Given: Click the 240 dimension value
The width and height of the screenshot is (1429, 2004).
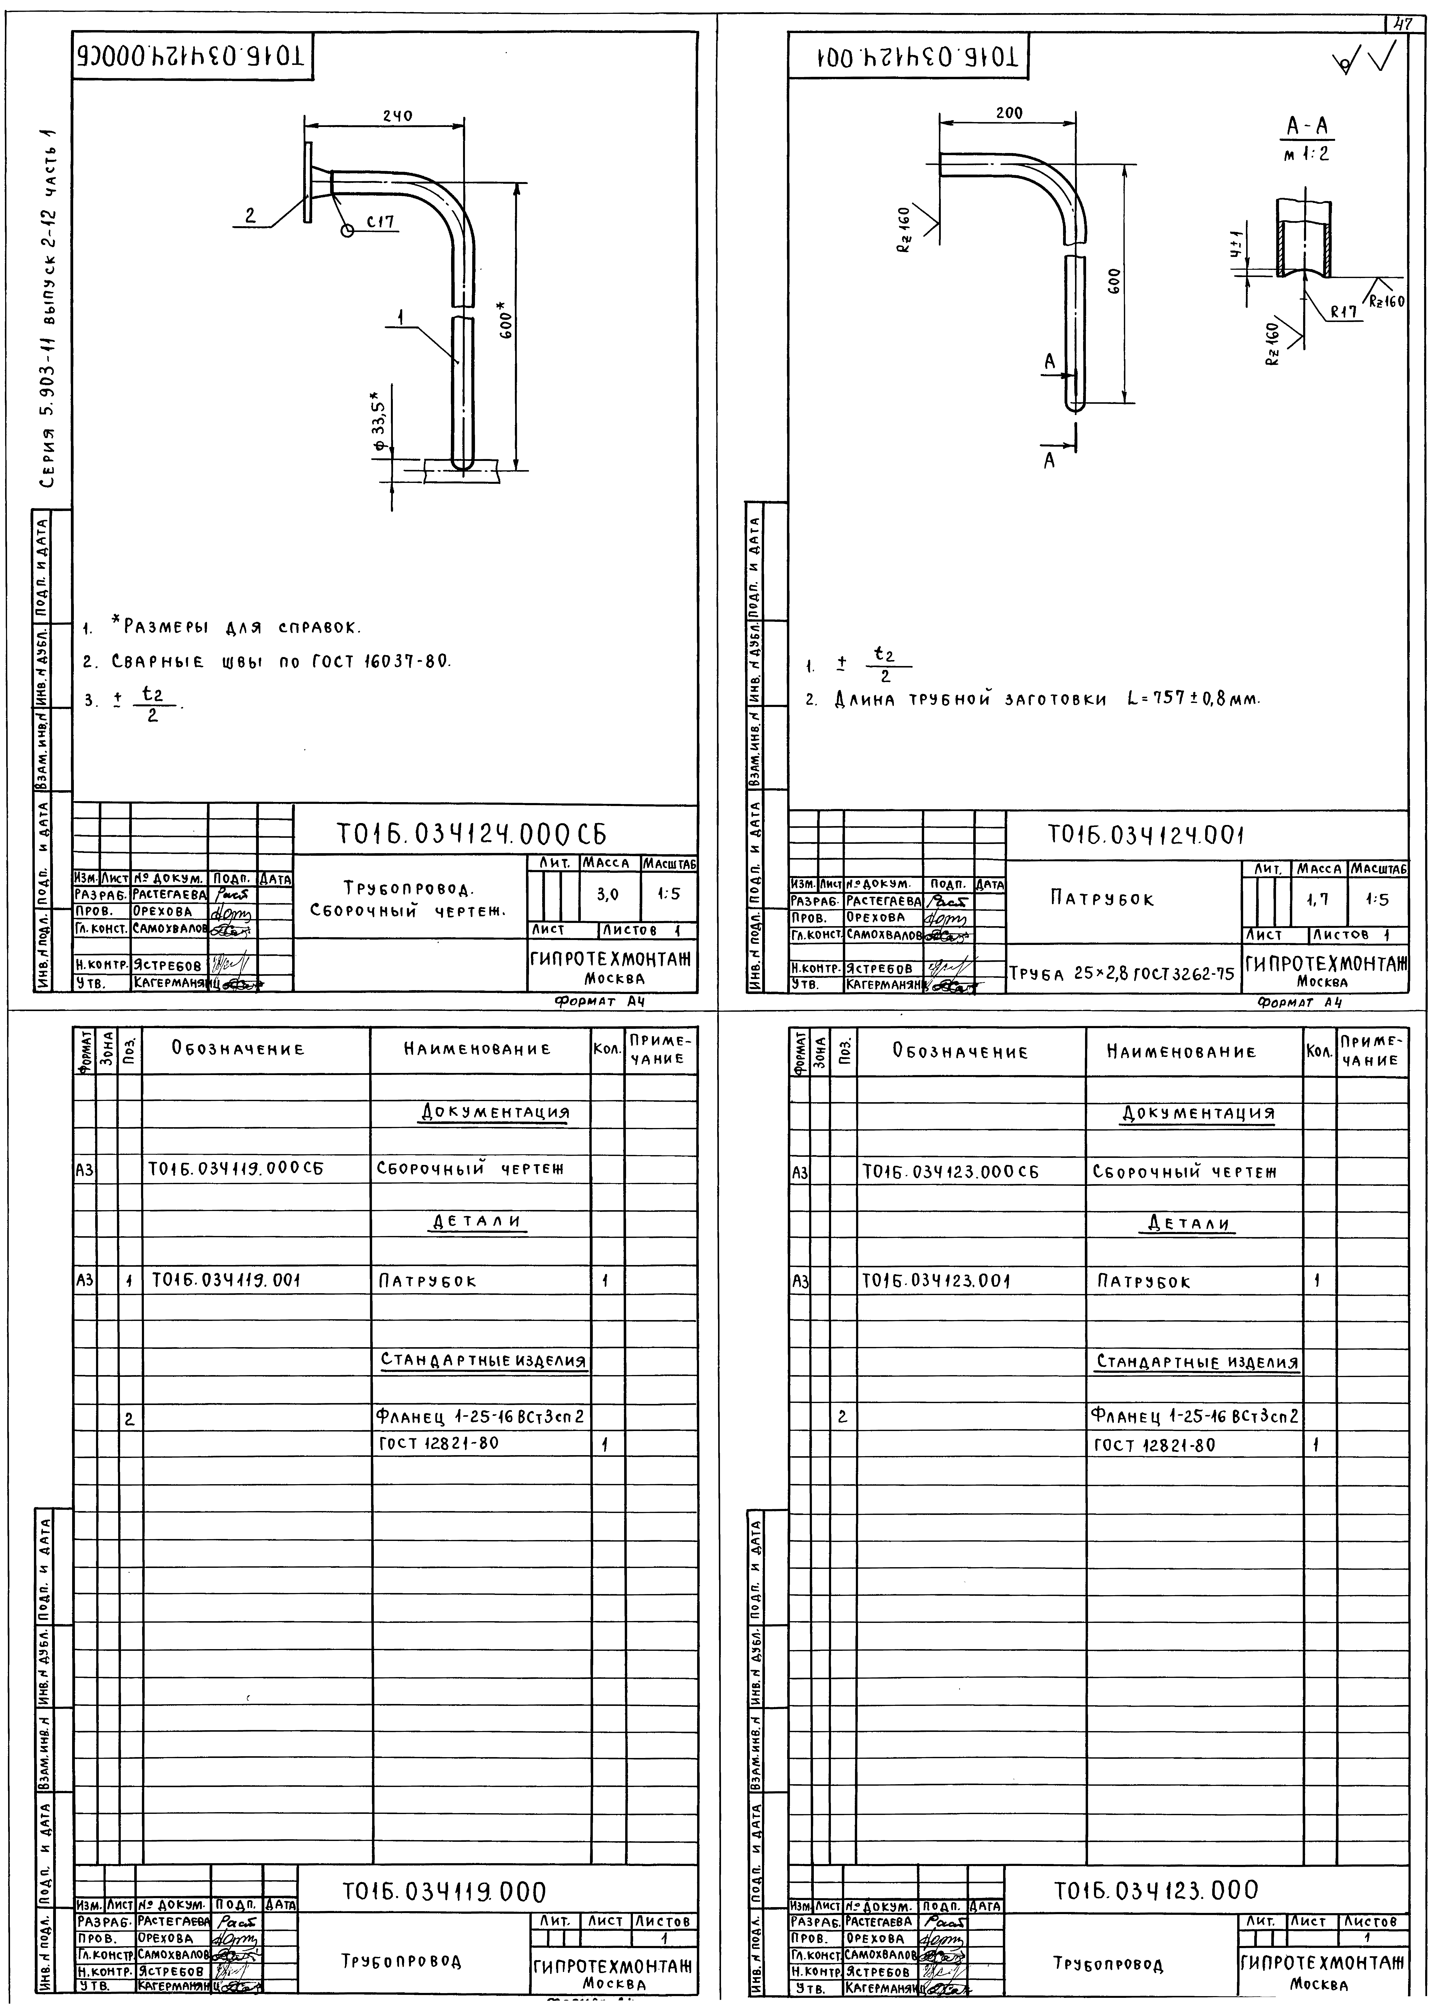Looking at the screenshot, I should (398, 115).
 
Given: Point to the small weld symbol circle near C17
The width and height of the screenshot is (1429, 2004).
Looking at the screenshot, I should (347, 231).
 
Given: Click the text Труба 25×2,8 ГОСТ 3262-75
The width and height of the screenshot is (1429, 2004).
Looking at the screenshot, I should (1122, 974).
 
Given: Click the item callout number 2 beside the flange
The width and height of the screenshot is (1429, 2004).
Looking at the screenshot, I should (250, 216).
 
